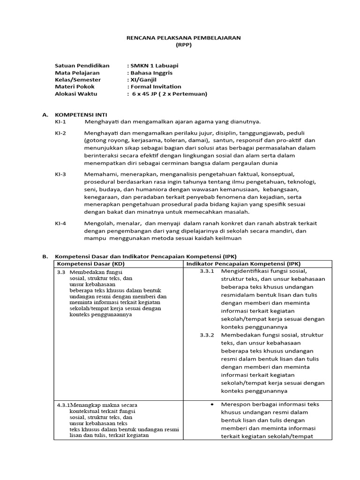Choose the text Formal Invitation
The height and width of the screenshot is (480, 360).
click(x=156, y=87)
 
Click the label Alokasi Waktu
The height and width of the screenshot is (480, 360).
click(x=75, y=94)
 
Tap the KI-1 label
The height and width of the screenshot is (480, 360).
click(x=60, y=121)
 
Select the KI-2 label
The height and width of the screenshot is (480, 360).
click(x=60, y=133)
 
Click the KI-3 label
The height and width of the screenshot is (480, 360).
click(x=60, y=174)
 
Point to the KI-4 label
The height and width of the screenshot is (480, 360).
click(x=60, y=223)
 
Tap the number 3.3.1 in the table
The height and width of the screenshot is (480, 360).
click(x=207, y=271)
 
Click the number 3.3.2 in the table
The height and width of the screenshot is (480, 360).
click(x=207, y=335)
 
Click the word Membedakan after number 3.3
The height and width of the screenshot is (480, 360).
click(x=90, y=272)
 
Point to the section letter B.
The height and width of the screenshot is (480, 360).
click(x=45, y=256)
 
